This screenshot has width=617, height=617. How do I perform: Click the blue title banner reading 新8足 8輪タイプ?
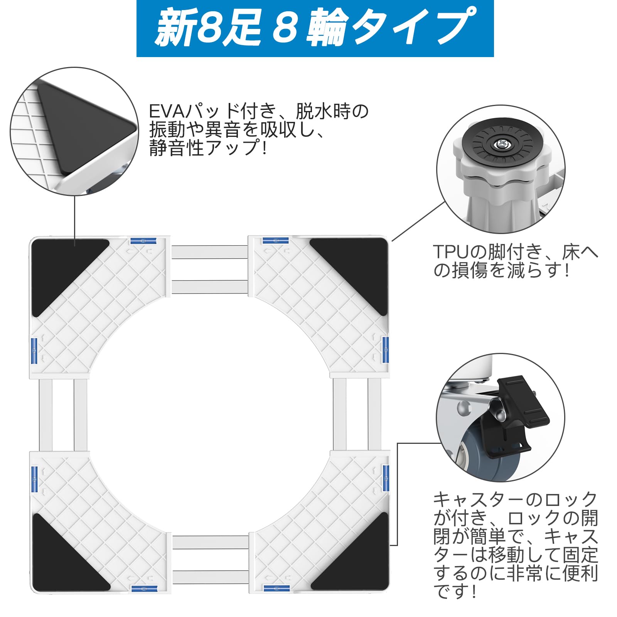point(315,29)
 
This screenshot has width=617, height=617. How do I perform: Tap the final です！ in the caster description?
point(455,592)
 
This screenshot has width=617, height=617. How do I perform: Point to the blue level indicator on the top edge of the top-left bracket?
point(143,241)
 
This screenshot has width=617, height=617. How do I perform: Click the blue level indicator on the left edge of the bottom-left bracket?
point(34,479)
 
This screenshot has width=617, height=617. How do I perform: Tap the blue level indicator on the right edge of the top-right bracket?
point(385,350)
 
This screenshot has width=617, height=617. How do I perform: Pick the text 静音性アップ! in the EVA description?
point(208,148)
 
